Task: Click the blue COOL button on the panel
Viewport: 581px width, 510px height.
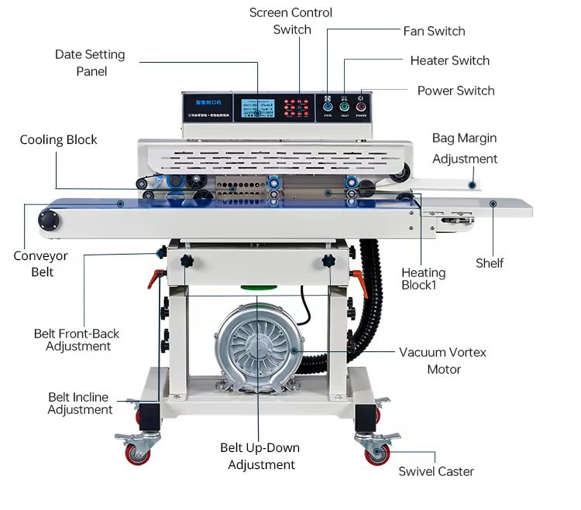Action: click(328, 106)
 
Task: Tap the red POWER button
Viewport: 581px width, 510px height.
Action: click(361, 106)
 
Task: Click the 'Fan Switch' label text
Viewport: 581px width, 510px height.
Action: click(434, 31)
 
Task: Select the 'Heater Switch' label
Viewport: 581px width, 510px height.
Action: click(449, 60)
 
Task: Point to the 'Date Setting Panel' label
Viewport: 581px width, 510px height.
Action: click(90, 63)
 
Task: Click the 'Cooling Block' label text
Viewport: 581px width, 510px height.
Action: click(59, 140)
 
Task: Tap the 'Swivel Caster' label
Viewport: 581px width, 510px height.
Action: click(436, 471)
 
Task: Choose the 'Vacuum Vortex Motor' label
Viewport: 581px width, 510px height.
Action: click(443, 361)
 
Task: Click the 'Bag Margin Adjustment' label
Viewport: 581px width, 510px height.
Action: click(465, 149)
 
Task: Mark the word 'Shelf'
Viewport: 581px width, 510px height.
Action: click(490, 263)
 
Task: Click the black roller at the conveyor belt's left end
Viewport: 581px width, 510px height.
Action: click(50, 220)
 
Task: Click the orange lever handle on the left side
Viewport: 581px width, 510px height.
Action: click(156, 277)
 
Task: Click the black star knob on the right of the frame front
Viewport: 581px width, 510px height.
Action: click(328, 262)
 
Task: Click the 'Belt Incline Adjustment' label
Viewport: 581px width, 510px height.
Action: click(80, 403)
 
